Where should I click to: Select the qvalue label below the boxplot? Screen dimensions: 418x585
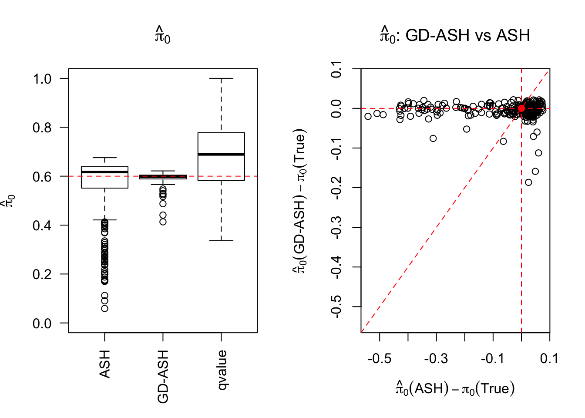[222, 370]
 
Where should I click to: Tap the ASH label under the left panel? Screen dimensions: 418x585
[104, 364]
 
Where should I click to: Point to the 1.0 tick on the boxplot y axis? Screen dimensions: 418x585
[42, 79]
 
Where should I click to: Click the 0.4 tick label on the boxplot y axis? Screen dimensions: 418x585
[42, 226]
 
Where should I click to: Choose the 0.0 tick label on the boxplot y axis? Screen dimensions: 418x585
[42, 324]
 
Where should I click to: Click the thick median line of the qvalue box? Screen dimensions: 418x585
[221, 154]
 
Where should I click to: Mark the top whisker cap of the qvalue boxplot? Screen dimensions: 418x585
[221, 78]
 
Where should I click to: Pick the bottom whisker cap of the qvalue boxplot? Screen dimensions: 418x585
[221, 240]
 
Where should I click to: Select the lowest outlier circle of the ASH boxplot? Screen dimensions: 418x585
[104, 308]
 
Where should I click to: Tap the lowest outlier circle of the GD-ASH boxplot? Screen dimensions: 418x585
[163, 222]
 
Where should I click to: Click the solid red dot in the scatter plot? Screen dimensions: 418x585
[521, 108]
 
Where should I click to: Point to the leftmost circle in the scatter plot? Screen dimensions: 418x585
[368, 116]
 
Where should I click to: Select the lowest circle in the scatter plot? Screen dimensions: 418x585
[528, 182]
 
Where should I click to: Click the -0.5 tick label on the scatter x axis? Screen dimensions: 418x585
[379, 359]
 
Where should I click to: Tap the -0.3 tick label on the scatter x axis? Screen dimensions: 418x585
[436, 359]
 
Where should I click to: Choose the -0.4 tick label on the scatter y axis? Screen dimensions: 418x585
[336, 267]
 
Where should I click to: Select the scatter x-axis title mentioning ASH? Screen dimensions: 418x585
[455, 388]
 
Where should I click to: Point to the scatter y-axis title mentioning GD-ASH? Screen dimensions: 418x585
[300, 201]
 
